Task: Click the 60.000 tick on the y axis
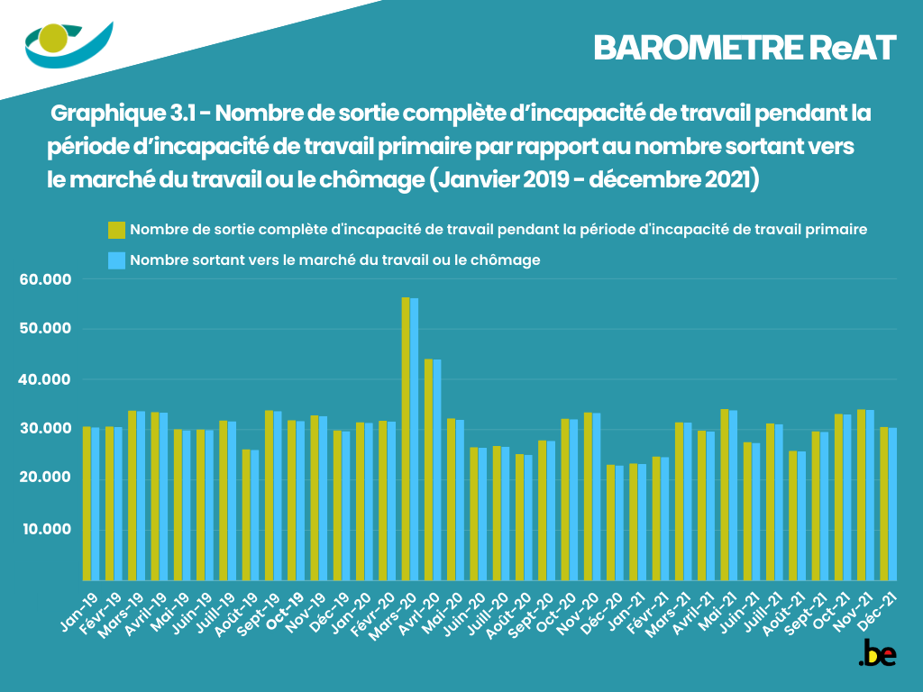click(x=45, y=279)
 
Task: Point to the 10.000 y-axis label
click(x=45, y=528)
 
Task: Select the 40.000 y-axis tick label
click(x=45, y=379)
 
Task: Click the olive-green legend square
click(x=115, y=230)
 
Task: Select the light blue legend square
click(x=115, y=260)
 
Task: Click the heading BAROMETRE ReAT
click(x=745, y=48)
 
